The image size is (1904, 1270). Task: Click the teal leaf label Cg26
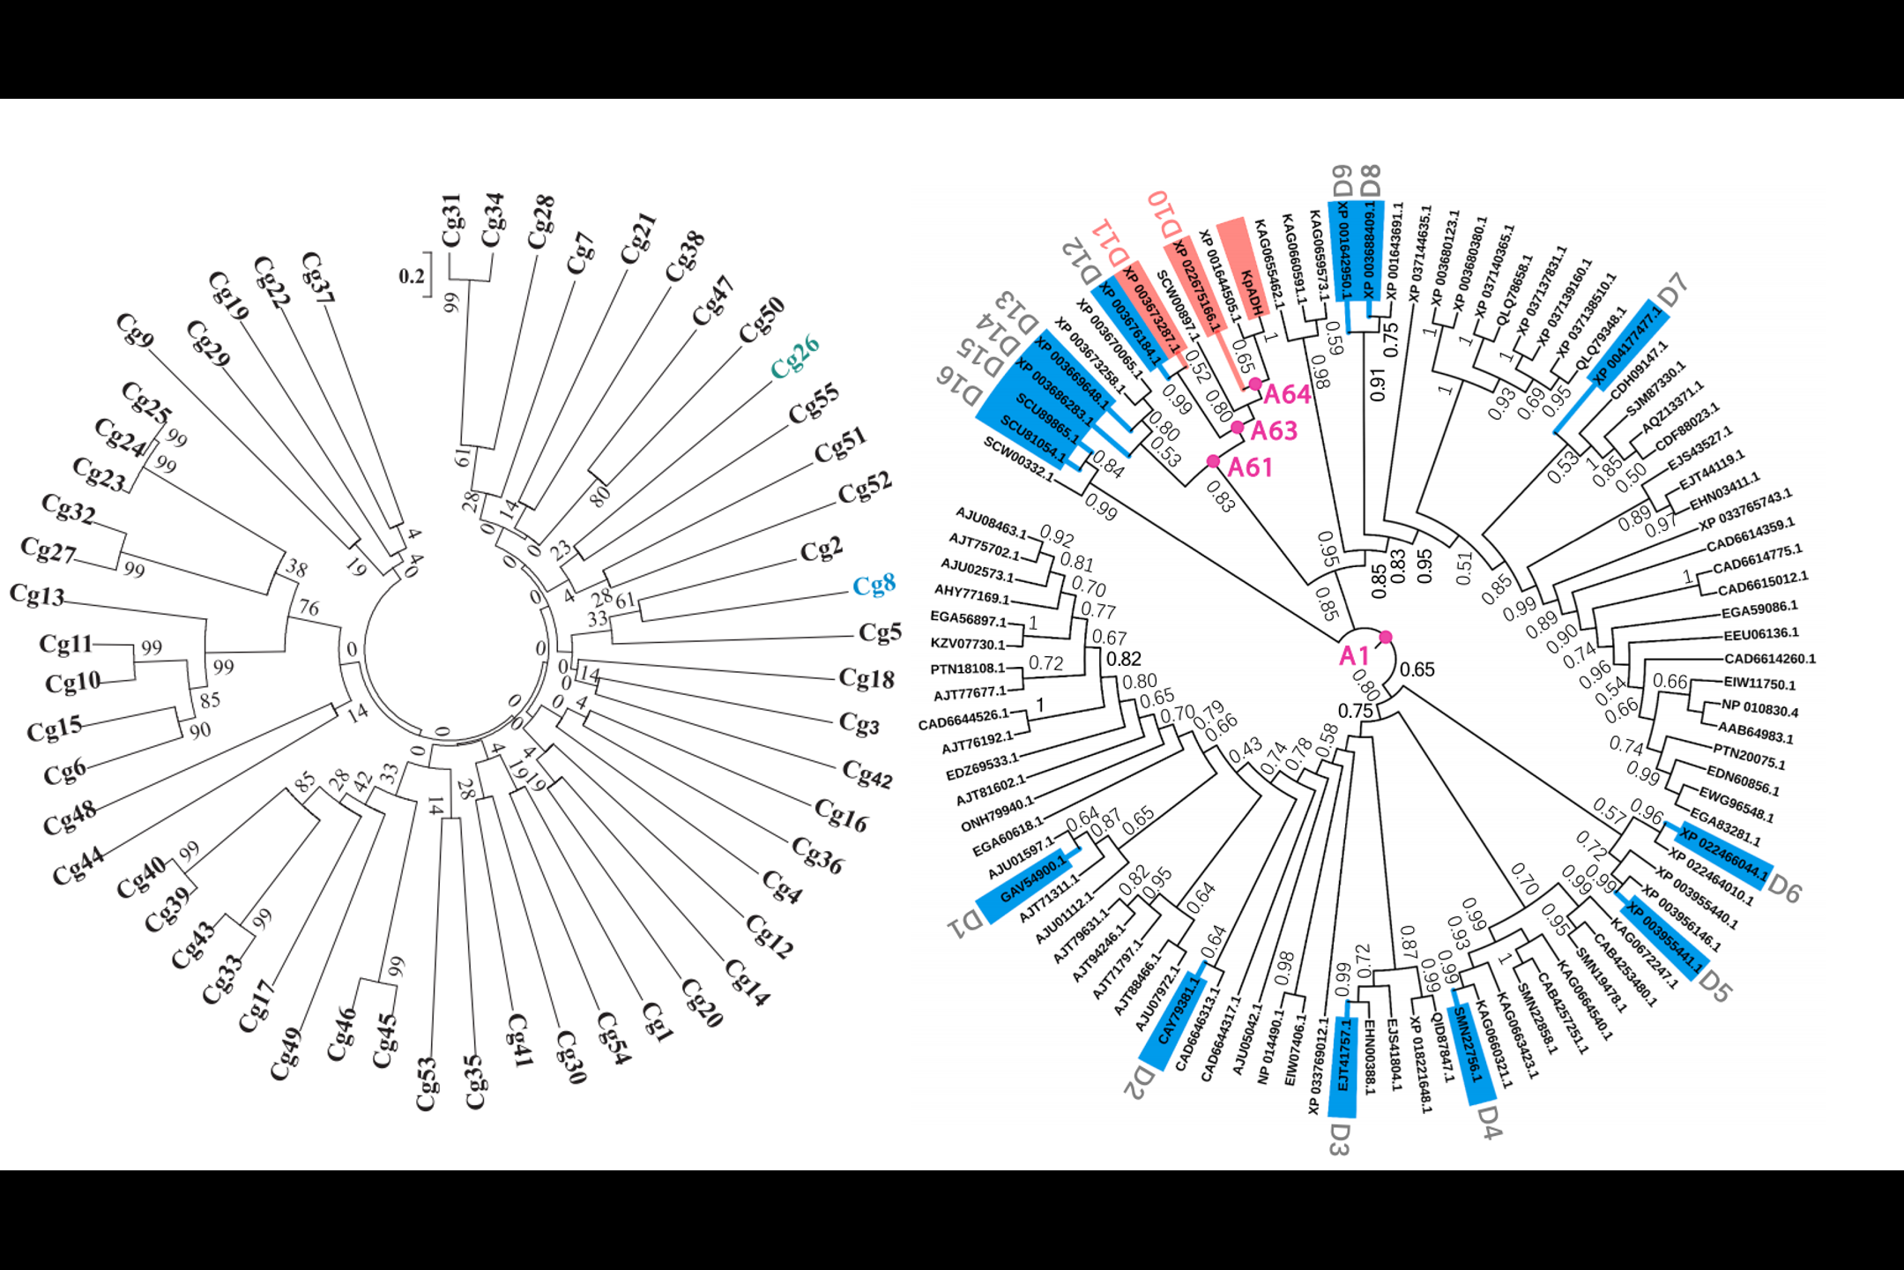[x=795, y=357]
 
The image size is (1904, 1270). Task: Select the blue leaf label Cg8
[x=874, y=586]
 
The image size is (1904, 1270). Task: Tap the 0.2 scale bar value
[x=412, y=276]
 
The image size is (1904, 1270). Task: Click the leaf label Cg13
[x=37, y=595]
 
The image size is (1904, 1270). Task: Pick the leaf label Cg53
[x=428, y=1083]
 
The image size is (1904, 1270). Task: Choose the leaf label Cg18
[x=866, y=678]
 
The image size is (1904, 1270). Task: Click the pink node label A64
[x=1287, y=394]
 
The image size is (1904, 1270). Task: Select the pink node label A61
[x=1250, y=467]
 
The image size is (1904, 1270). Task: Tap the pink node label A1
[x=1354, y=655]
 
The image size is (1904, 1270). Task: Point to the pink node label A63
[x=1274, y=430]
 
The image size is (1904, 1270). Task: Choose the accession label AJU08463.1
[x=992, y=522]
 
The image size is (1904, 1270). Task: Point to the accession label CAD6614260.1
[x=1769, y=659]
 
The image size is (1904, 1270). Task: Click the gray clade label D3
[x=1339, y=1139]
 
